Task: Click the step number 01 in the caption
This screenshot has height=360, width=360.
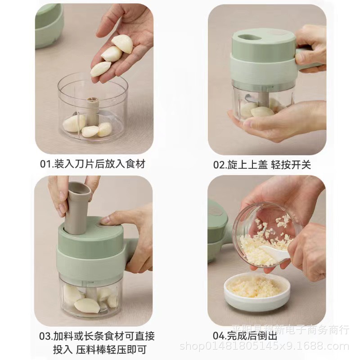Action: (47, 164)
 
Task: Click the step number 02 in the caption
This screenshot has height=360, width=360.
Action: (219, 164)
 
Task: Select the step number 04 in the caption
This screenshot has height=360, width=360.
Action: (219, 335)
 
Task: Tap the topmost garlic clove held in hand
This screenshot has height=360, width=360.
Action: (123, 44)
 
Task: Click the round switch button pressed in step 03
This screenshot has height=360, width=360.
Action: (105, 223)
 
